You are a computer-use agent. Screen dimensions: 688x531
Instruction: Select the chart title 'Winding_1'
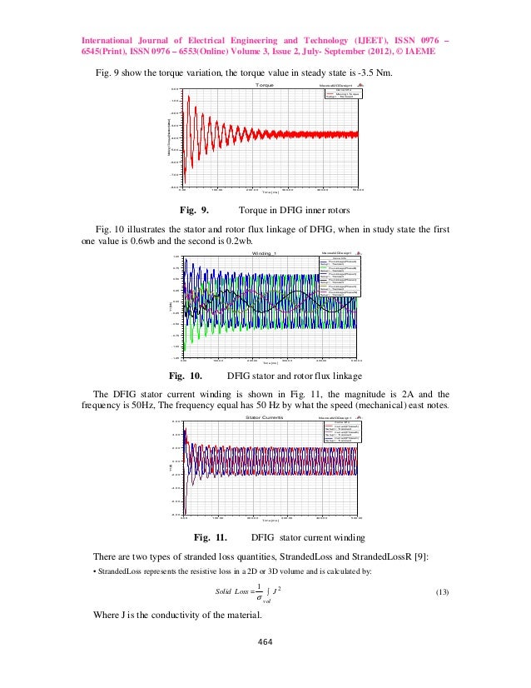click(x=265, y=252)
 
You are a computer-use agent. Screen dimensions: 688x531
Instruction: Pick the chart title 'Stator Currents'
click(x=265, y=416)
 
